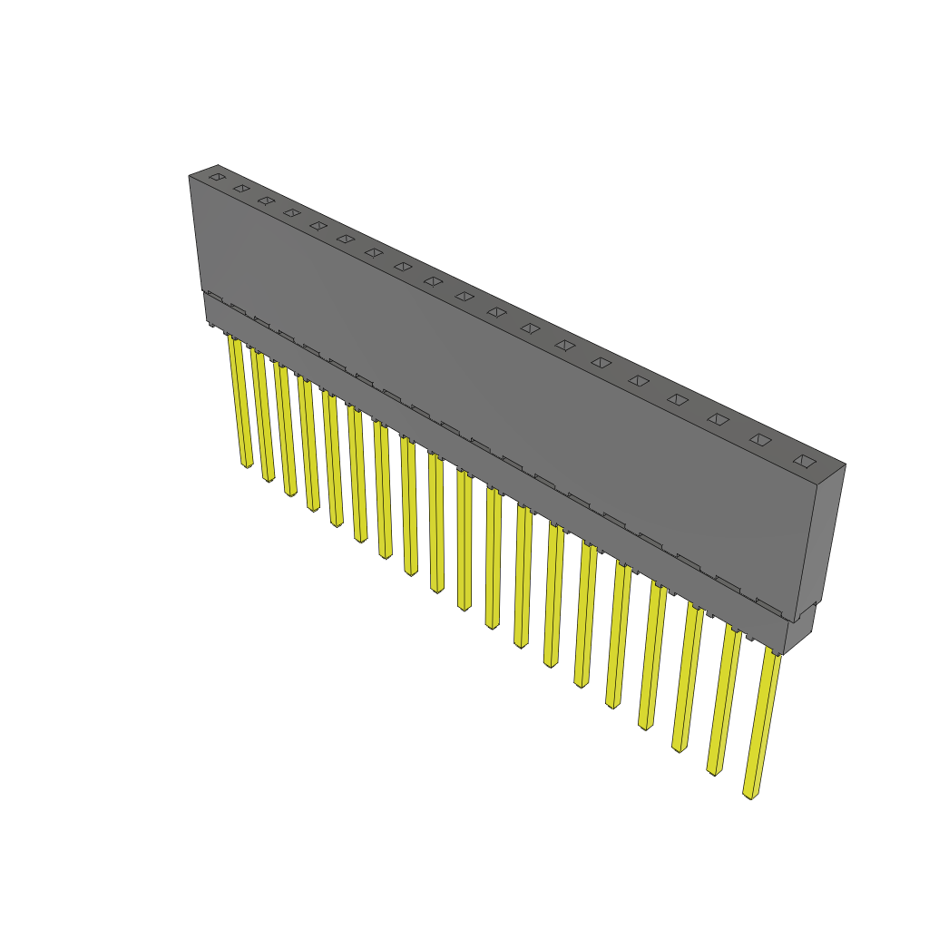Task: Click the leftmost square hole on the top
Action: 216,176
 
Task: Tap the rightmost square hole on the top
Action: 804,461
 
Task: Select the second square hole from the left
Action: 241,188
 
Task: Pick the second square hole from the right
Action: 760,440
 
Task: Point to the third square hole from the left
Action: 266,200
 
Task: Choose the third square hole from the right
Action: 718,418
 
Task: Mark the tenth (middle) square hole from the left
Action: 464,296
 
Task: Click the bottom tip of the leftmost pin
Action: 247,465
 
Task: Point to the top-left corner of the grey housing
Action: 190,175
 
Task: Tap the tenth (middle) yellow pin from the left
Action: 464,541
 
